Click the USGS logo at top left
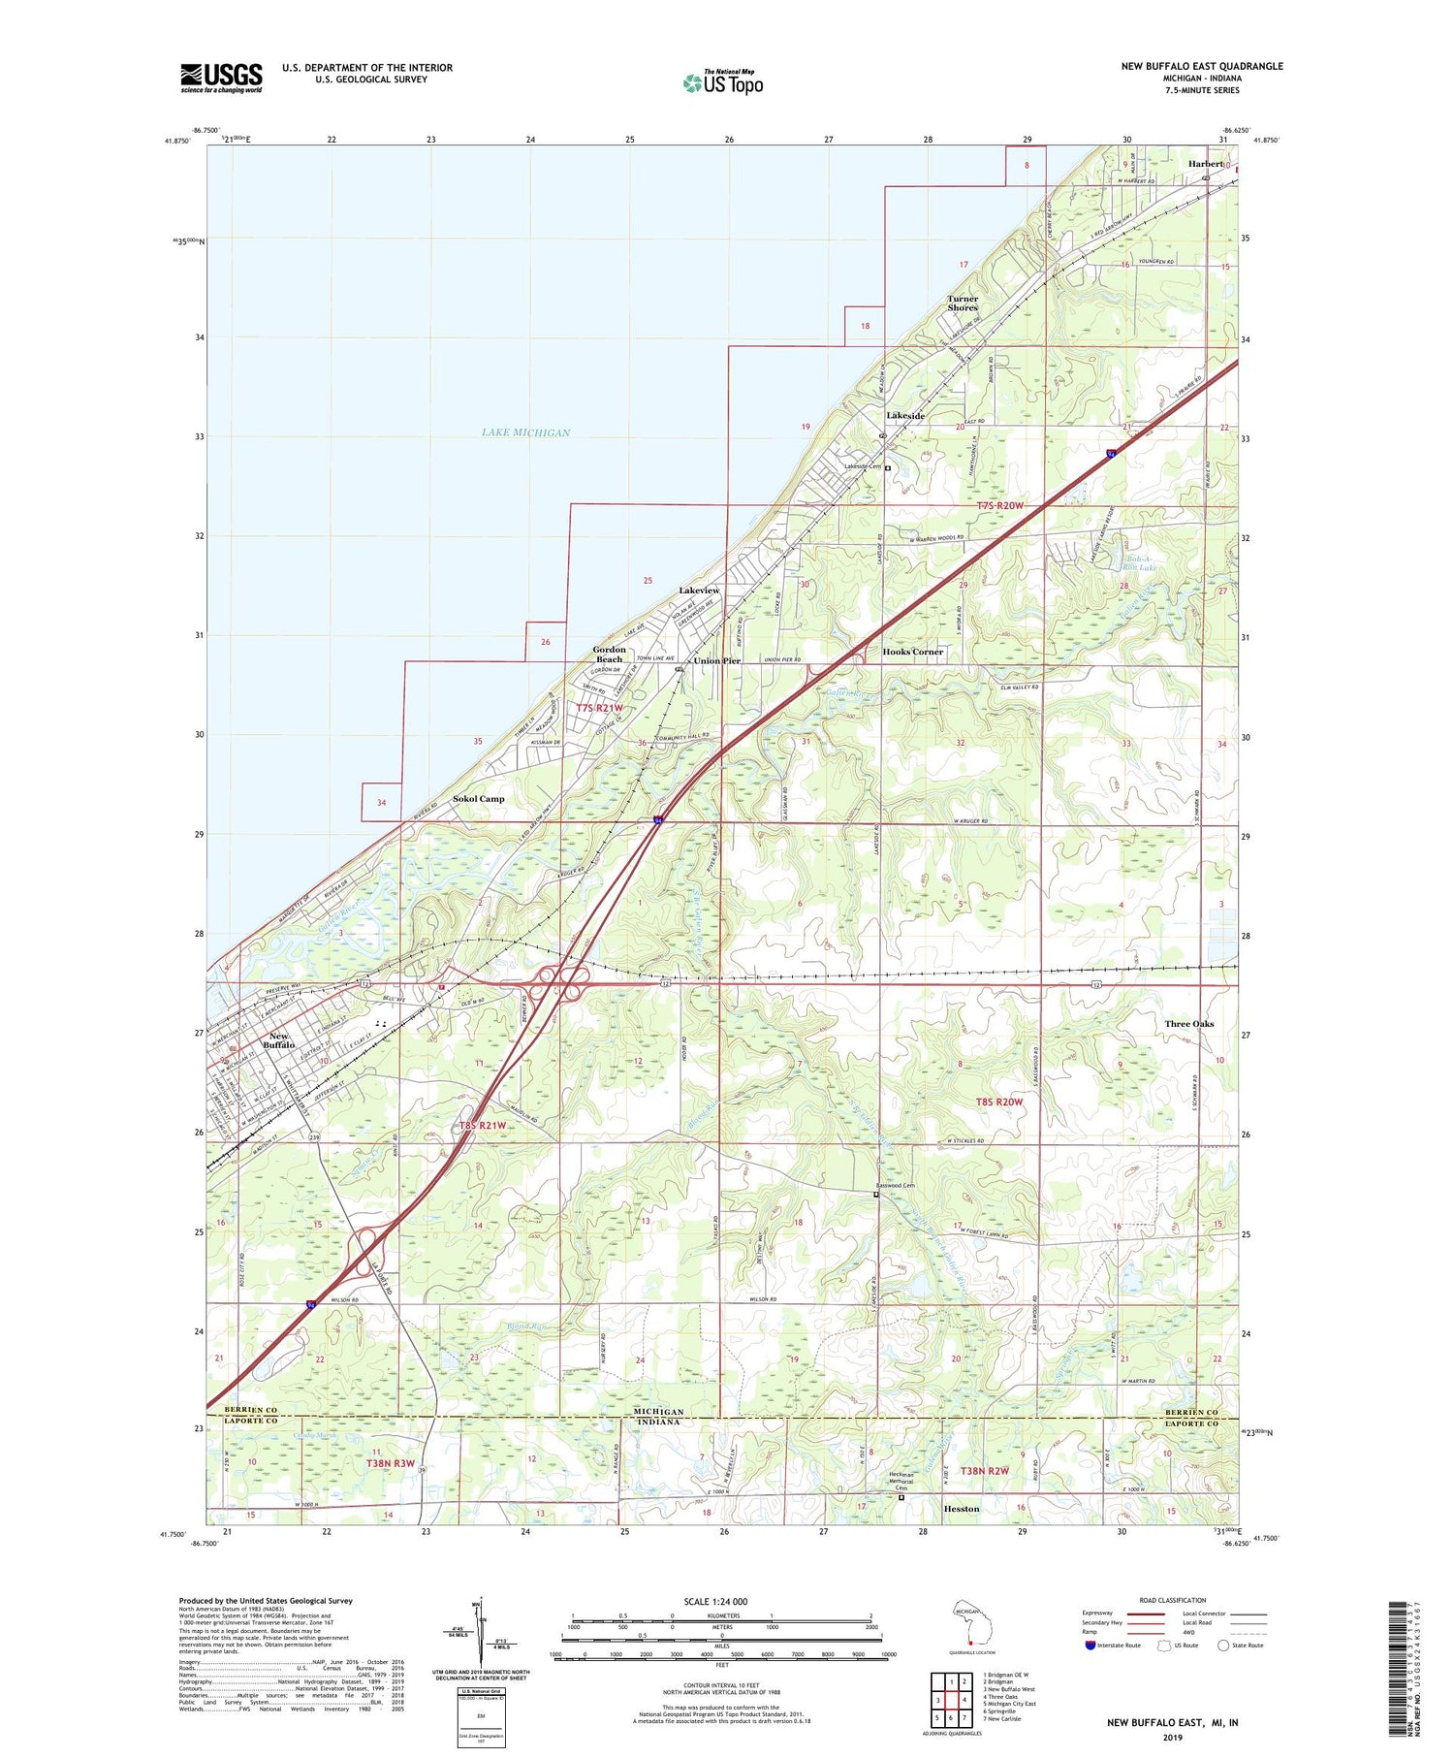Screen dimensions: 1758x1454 tap(221, 78)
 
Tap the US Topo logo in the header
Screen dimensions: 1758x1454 tap(722, 82)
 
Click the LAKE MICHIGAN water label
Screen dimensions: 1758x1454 tap(525, 432)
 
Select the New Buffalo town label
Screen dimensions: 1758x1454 tap(278, 1040)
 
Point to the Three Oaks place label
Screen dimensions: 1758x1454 tap(1188, 1024)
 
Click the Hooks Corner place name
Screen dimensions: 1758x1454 tap(912, 652)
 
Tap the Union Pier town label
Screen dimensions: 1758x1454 tap(716, 660)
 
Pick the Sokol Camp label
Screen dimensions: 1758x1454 tap(479, 799)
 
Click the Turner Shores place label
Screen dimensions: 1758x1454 tap(963, 304)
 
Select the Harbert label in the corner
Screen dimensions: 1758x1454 tap(1206, 164)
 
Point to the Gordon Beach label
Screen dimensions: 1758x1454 tap(610, 655)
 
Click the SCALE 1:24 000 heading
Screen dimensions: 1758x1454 tap(714, 1602)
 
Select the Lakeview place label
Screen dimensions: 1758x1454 tap(699, 591)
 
